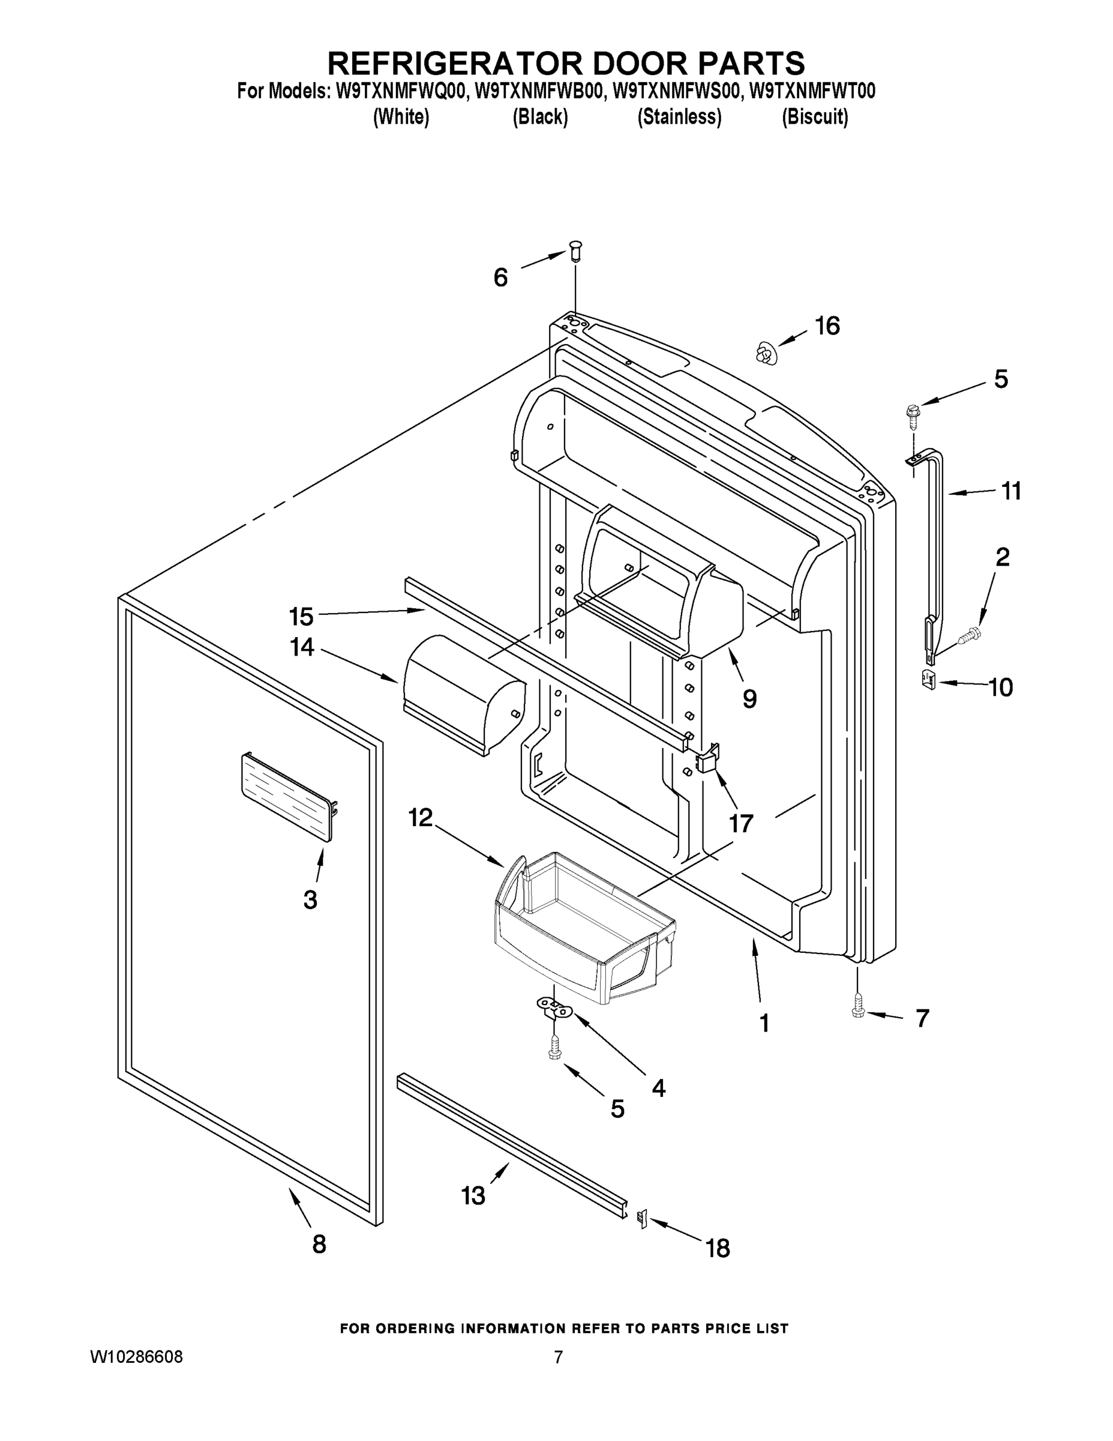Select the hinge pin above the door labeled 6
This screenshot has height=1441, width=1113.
[x=575, y=252]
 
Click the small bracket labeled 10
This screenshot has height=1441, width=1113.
[x=928, y=678]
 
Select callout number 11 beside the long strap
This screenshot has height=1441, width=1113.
[x=1011, y=491]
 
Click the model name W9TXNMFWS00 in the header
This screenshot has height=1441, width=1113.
[x=675, y=91]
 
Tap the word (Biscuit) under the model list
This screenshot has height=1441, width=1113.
[x=814, y=117]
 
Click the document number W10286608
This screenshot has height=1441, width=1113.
[x=136, y=1356]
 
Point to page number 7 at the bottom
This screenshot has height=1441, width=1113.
[x=558, y=1356]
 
